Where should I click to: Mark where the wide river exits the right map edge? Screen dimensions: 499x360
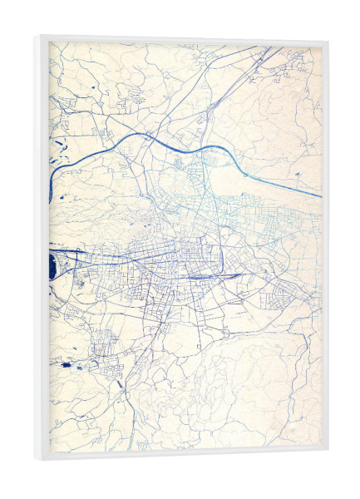(319, 197)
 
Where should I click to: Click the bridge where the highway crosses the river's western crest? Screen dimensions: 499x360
(148, 136)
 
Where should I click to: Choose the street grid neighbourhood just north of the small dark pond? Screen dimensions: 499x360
(104, 341)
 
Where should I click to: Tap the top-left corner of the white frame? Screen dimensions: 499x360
(36, 36)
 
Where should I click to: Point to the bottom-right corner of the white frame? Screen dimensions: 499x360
(327, 456)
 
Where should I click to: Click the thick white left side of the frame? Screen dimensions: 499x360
(41, 249)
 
